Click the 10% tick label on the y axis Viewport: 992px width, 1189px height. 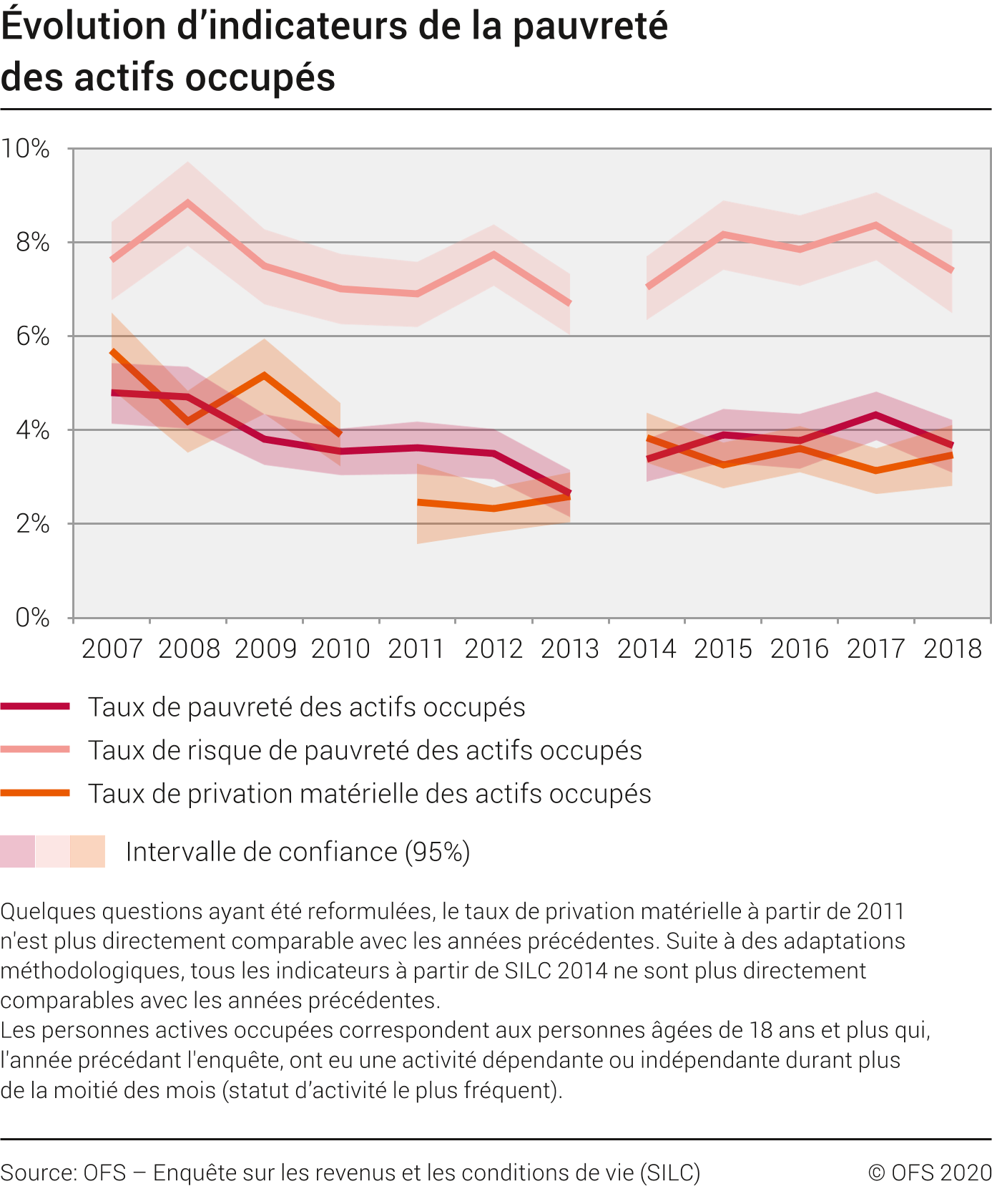(x=26, y=149)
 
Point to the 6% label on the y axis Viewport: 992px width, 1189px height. (x=33, y=336)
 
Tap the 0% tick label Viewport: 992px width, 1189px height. (x=33, y=618)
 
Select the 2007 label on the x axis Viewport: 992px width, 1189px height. (x=112, y=649)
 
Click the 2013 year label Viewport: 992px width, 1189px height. (x=570, y=649)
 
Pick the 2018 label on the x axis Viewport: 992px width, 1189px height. (x=953, y=649)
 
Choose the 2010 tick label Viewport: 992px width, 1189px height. (x=340, y=649)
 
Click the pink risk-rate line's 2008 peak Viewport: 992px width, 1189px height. (x=188, y=203)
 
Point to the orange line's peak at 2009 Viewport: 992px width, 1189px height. (x=265, y=375)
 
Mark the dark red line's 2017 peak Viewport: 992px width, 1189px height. (x=875, y=415)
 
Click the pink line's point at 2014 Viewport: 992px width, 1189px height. (x=647, y=287)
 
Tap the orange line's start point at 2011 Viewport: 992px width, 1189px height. (x=418, y=503)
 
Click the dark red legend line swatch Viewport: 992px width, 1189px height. (x=35, y=707)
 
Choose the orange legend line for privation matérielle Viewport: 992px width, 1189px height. (x=35, y=793)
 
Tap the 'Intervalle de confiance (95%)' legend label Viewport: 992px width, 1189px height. (x=298, y=852)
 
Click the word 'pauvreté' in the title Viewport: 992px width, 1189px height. (x=590, y=26)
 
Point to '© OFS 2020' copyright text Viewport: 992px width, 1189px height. (x=929, y=1173)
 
